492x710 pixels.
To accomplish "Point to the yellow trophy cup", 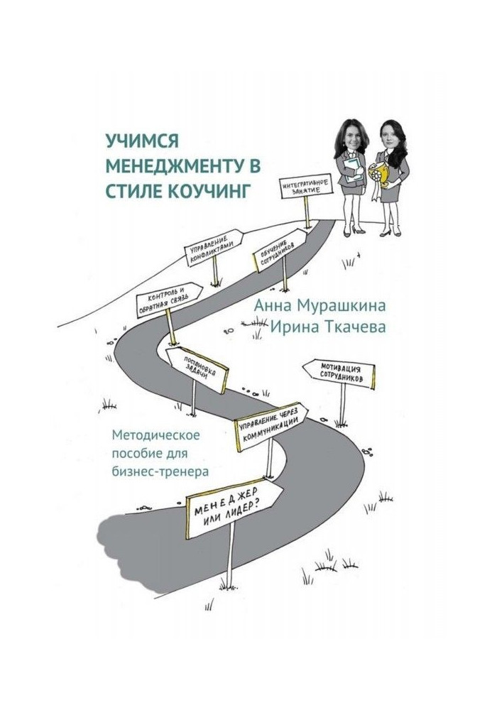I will click(383, 175).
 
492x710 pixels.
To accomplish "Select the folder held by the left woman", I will click(352, 170).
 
